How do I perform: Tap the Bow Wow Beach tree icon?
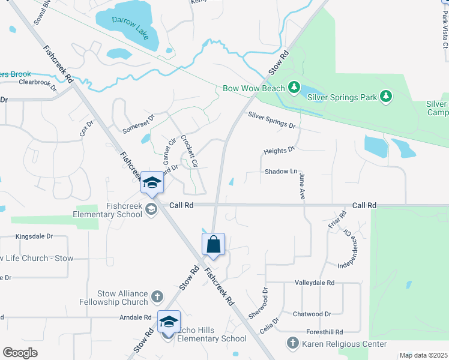coord(294,88)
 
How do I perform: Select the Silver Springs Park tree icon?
coord(385,96)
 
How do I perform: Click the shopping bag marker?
coord(213,245)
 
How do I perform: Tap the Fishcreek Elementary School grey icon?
coord(151,209)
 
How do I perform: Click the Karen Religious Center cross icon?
coord(293,344)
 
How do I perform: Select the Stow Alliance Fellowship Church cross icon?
coord(157,297)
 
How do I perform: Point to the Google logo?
coord(20,352)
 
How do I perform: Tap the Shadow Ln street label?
coord(281,172)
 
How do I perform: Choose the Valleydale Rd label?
coord(314,282)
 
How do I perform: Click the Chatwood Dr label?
coord(312,314)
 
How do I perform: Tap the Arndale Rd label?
coord(135,317)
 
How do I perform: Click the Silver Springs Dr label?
coord(272,121)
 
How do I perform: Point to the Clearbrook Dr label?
coord(37,83)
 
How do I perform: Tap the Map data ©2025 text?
coord(423,355)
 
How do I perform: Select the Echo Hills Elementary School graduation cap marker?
coord(169,322)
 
